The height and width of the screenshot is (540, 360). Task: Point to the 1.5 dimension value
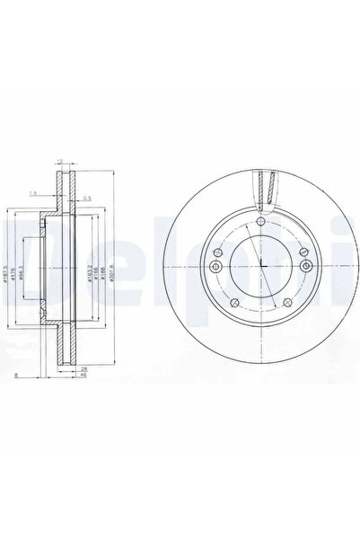tap(31, 192)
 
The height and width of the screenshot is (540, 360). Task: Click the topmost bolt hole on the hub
tap(259, 222)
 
